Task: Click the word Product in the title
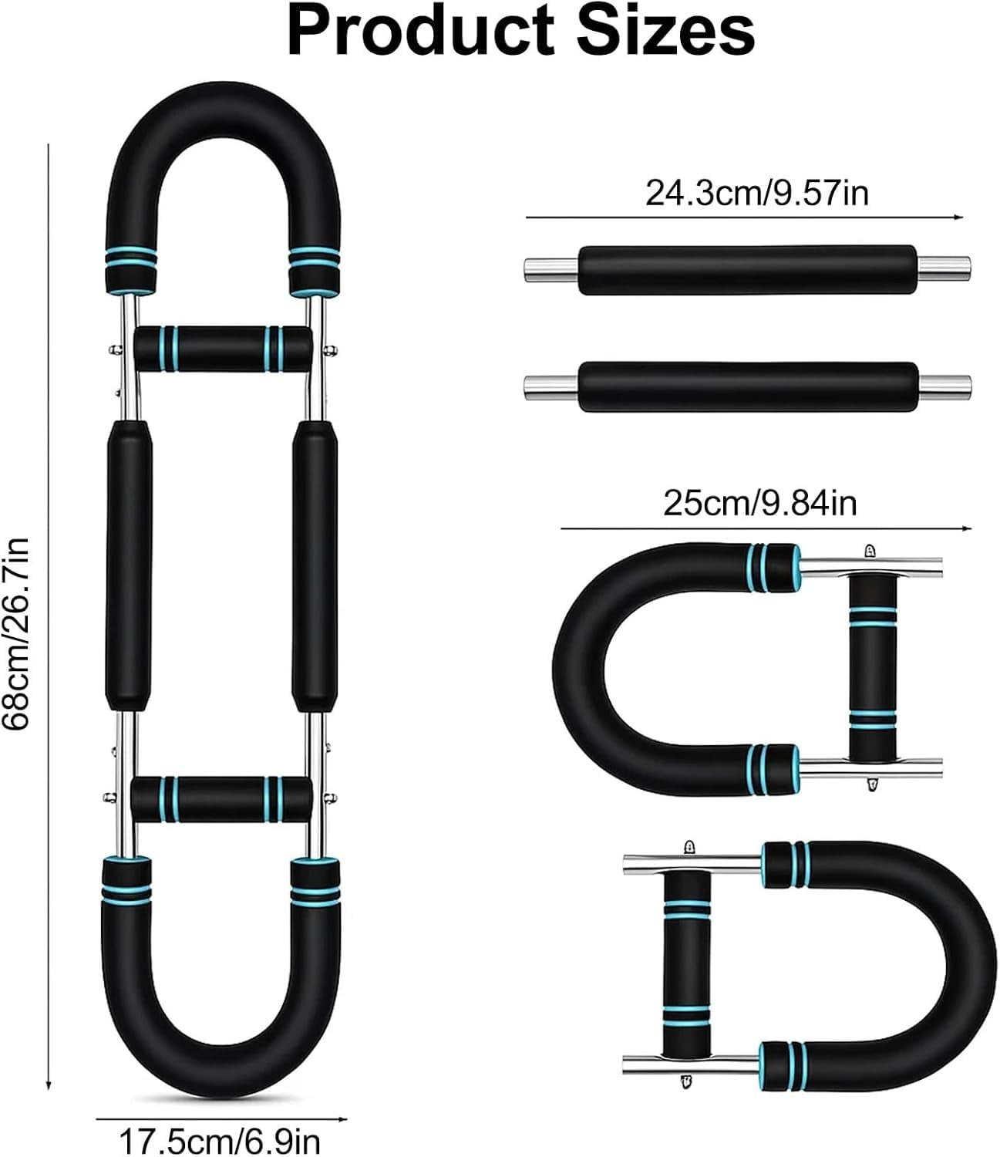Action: click(419, 32)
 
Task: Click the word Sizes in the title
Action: click(665, 32)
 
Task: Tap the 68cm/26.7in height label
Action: click(15, 633)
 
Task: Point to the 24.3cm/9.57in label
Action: click(757, 193)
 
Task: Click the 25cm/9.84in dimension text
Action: click(760, 503)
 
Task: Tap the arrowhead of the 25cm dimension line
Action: click(967, 528)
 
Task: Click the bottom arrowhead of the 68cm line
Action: click(49, 1086)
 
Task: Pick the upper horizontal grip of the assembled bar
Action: click(224, 349)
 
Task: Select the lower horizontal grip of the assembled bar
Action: click(221, 799)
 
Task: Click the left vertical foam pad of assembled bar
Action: click(129, 566)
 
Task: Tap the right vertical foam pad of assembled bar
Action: click(315, 566)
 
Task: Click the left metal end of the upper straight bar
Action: click(551, 269)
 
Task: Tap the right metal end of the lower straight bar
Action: click(944, 387)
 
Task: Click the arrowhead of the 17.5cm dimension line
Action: click(342, 1119)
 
